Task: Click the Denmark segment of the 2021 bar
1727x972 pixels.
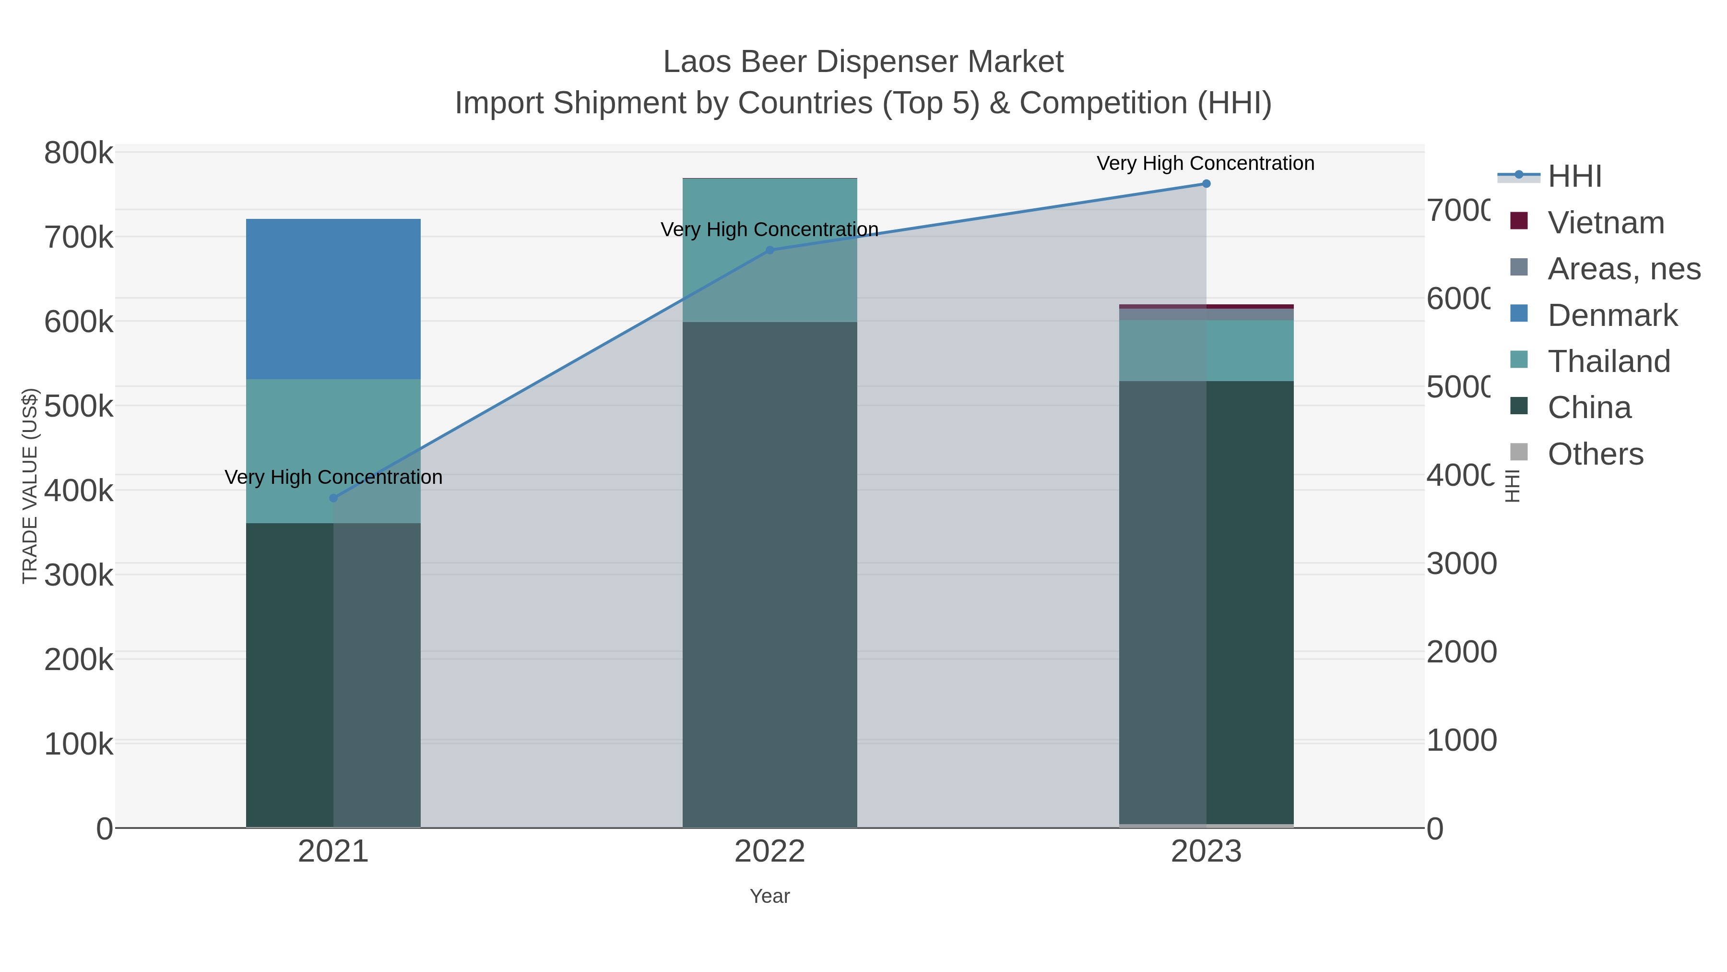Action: tap(333, 299)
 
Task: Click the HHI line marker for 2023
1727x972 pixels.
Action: tap(1206, 184)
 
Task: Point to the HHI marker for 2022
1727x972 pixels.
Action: tap(769, 250)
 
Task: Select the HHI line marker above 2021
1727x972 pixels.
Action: tap(333, 498)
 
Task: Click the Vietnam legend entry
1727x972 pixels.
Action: tap(1605, 223)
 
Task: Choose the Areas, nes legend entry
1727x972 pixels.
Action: tap(1623, 269)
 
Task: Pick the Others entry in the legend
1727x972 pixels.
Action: tap(1595, 454)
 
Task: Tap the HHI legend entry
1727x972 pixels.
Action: tap(1574, 177)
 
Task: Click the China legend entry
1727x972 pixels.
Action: tap(1589, 408)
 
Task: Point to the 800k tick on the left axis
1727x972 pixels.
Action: tap(79, 153)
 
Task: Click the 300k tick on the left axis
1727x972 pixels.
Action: tap(79, 575)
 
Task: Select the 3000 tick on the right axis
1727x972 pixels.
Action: tap(1461, 564)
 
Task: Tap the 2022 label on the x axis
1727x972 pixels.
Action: tap(769, 851)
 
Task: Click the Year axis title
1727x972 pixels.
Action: tap(769, 896)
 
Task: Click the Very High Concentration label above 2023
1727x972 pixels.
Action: tap(1205, 163)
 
